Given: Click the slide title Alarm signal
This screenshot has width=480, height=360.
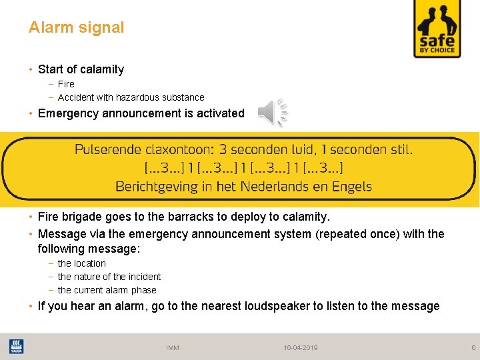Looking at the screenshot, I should (76, 27).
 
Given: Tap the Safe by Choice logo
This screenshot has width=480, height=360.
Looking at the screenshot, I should (437, 29).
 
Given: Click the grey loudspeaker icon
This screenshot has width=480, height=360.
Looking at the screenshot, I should (273, 111).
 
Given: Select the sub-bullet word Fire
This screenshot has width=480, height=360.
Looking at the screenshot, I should (66, 84).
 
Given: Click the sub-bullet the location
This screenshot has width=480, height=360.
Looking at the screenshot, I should (81, 263).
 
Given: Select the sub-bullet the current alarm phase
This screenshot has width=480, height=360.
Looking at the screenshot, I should (107, 290).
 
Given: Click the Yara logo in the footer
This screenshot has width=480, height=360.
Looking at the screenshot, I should (17, 347).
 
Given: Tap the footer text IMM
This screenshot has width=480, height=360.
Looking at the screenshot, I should (173, 348).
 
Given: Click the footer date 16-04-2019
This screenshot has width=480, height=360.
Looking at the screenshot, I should (301, 348).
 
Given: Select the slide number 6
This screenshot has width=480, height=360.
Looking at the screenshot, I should (473, 348).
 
